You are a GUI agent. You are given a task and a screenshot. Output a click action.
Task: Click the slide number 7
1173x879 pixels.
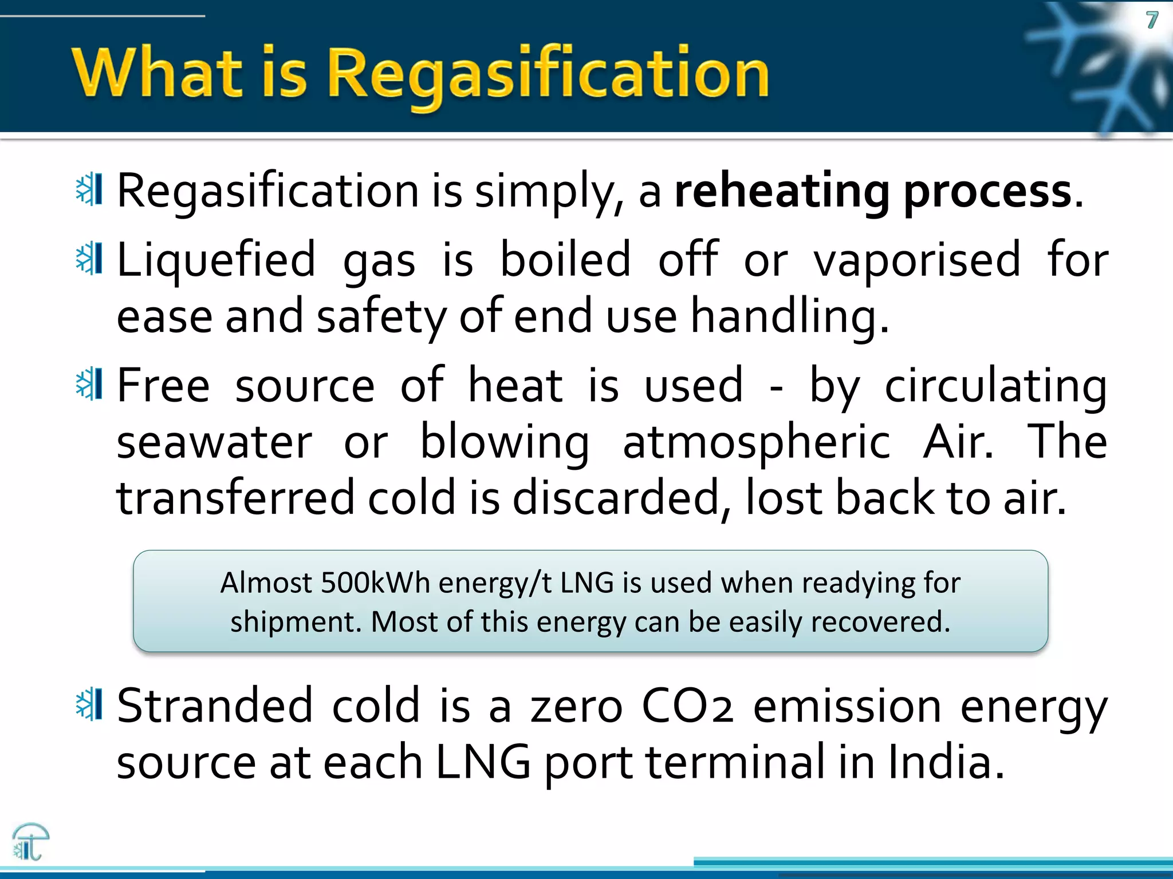[1152, 21]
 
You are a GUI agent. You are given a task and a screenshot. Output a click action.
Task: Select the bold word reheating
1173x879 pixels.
[782, 192]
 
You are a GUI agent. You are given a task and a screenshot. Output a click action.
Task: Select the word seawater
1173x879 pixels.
[214, 442]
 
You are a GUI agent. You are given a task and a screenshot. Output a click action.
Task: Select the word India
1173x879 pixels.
[946, 763]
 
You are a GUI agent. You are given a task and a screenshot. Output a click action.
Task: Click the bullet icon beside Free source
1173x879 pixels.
[89, 384]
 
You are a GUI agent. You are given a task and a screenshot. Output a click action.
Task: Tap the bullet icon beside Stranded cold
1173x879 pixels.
[89, 704]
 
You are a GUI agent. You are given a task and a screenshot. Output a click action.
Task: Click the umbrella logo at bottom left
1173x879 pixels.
[30, 841]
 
